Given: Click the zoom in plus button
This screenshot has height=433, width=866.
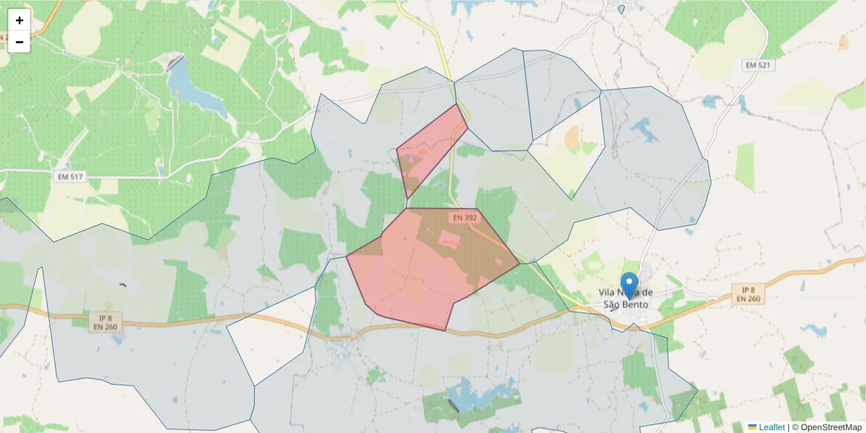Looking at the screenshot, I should [x=19, y=20].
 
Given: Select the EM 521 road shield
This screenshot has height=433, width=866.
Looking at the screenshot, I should [x=757, y=66].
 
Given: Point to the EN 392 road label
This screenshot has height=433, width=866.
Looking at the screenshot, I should [x=465, y=217].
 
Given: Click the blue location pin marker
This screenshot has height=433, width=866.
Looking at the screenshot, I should [x=629, y=284].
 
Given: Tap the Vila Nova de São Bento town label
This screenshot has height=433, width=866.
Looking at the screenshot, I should [x=626, y=298].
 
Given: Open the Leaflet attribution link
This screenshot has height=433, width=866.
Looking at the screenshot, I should [x=771, y=427].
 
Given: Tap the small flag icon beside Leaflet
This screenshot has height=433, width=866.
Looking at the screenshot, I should [x=752, y=427].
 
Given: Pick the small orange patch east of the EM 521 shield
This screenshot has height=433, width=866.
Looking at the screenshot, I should [x=844, y=43].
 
